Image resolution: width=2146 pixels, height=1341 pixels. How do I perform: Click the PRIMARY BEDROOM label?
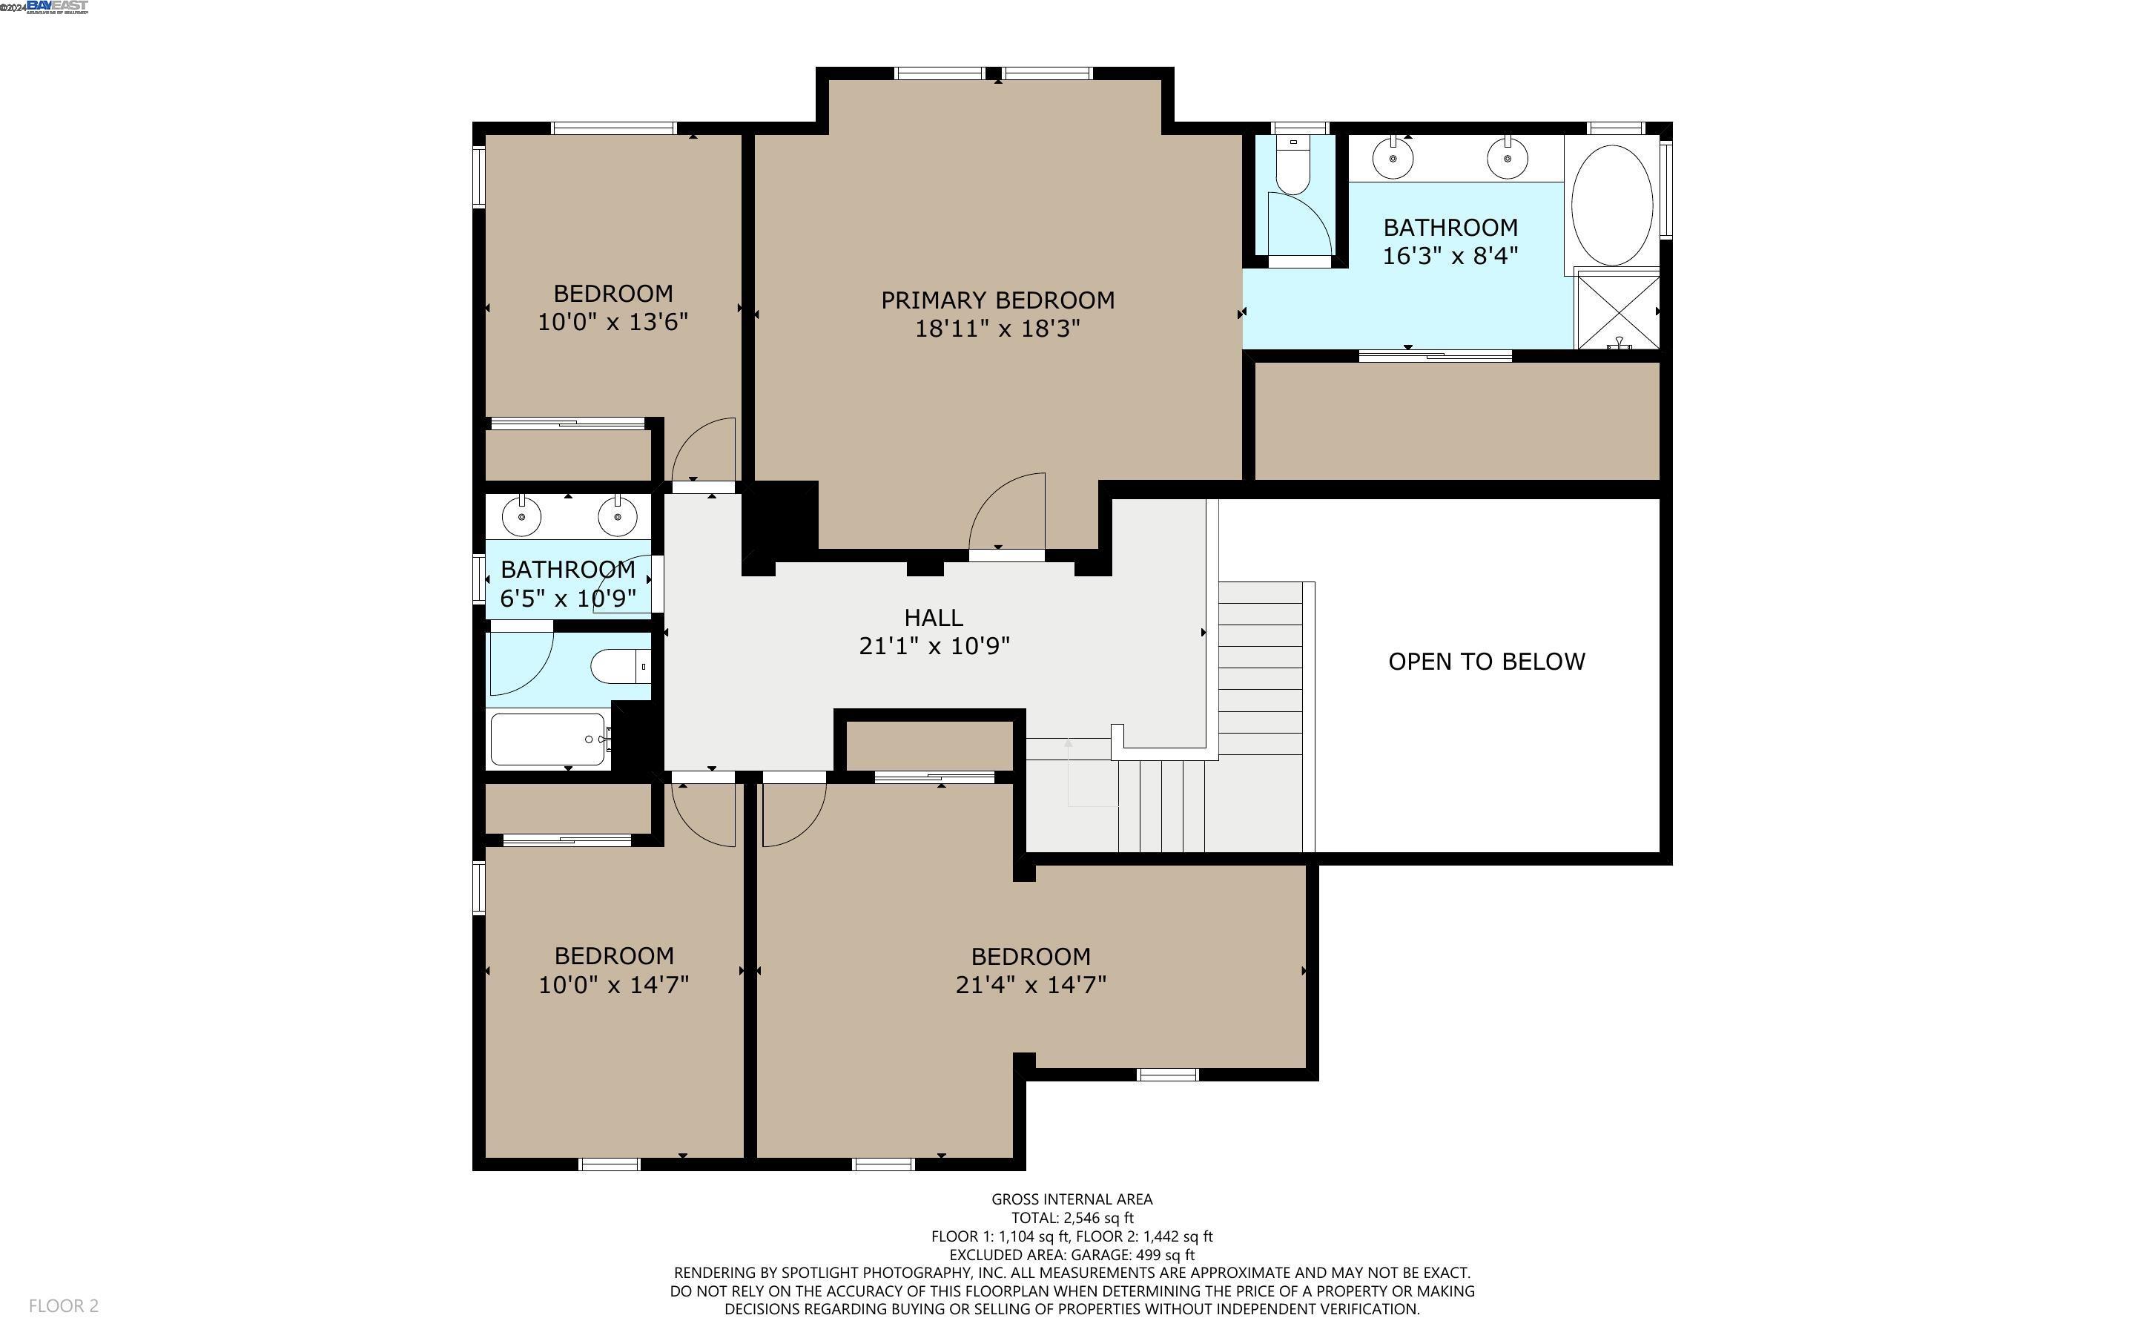[997, 300]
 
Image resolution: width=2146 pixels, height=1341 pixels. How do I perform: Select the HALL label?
[934, 617]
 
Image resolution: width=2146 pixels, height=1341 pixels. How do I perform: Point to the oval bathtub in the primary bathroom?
[1611, 205]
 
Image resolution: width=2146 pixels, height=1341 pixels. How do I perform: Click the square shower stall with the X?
[1617, 312]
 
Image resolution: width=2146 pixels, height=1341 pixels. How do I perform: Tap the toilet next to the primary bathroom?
[1292, 168]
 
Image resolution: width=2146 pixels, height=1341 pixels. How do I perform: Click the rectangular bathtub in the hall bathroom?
[548, 739]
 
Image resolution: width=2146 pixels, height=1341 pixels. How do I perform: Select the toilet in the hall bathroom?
[618, 666]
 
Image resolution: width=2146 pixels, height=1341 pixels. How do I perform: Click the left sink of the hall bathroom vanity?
[521, 516]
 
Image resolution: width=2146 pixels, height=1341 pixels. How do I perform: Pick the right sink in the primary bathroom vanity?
[1507, 160]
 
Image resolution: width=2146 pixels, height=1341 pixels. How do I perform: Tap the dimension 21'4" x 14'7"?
[1031, 984]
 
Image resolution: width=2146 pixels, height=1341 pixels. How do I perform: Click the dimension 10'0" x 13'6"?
[613, 322]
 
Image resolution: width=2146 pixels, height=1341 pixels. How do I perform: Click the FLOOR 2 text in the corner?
[64, 1305]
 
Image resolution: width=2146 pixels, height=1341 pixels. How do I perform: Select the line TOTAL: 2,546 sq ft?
[1072, 1218]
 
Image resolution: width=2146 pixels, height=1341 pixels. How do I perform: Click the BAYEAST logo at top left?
[57, 7]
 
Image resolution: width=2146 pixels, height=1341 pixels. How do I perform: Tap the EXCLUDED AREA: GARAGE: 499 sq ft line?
[1072, 1255]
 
